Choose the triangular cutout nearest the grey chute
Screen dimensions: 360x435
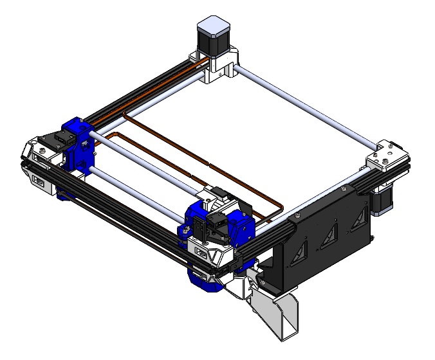click(x=299, y=255)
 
